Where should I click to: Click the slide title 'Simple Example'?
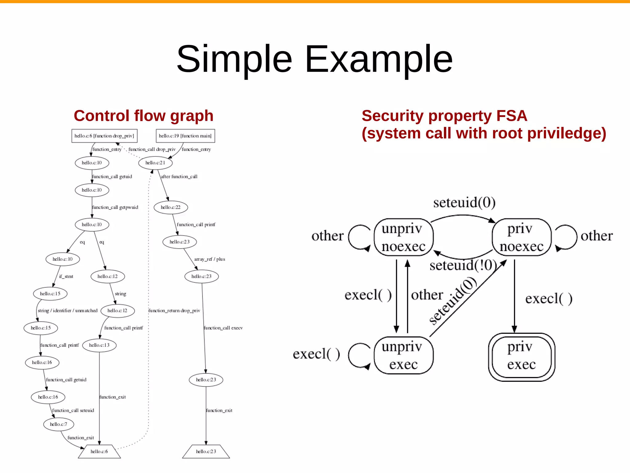click(x=314, y=59)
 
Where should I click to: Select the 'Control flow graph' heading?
click(x=143, y=116)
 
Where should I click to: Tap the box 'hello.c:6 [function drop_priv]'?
click(x=104, y=136)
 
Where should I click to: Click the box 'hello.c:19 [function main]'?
click(x=185, y=136)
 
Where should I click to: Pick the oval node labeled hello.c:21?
click(x=155, y=163)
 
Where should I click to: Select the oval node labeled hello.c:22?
click(x=170, y=207)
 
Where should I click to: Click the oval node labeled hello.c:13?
click(x=99, y=345)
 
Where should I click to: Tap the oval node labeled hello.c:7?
click(x=58, y=424)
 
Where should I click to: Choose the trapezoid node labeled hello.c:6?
click(x=99, y=451)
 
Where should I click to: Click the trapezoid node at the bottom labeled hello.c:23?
click(x=206, y=451)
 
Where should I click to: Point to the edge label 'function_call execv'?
click(x=223, y=328)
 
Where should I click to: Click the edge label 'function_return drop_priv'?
click(x=174, y=311)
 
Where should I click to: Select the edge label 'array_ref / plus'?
click(x=209, y=259)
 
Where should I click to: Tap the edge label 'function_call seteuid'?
click(x=73, y=410)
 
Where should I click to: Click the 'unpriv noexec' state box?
click(x=403, y=237)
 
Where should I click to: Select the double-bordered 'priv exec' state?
click(x=521, y=357)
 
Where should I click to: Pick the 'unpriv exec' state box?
click(x=403, y=355)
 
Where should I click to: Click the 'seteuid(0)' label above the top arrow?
click(x=464, y=203)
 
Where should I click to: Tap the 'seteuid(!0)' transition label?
click(x=463, y=265)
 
